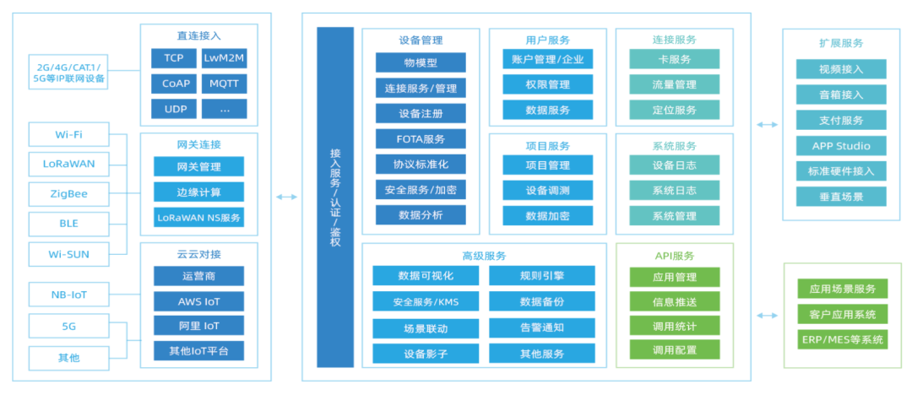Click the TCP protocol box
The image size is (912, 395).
pyautogui.click(x=174, y=58)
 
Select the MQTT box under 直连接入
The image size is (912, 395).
pyautogui.click(x=224, y=84)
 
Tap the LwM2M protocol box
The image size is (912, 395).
pyautogui.click(x=224, y=58)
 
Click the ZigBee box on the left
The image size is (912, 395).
pyautogui.click(x=69, y=193)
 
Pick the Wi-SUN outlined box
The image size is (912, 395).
pyautogui.click(x=69, y=253)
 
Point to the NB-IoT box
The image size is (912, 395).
pyautogui.click(x=69, y=295)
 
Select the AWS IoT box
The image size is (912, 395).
pyautogui.click(x=198, y=300)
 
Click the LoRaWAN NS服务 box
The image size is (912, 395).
pyautogui.click(x=198, y=217)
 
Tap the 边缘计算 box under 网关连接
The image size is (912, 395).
pyautogui.click(x=198, y=192)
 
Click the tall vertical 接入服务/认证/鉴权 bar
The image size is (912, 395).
pyautogui.click(x=335, y=197)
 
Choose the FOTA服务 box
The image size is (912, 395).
pyautogui.click(x=421, y=139)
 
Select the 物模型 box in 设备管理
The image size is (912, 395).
pyautogui.click(x=421, y=62)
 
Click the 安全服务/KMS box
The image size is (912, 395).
pyautogui.click(x=426, y=301)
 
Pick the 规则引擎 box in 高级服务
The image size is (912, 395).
pyautogui.click(x=541, y=276)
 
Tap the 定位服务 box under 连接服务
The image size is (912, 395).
pyautogui.click(x=674, y=110)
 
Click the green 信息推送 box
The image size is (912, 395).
pyautogui.click(x=674, y=301)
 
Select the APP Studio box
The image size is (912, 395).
pyautogui.click(x=841, y=146)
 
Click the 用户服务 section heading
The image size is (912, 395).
pyautogui.click(x=547, y=40)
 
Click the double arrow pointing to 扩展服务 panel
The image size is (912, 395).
pyautogui.click(x=767, y=125)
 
